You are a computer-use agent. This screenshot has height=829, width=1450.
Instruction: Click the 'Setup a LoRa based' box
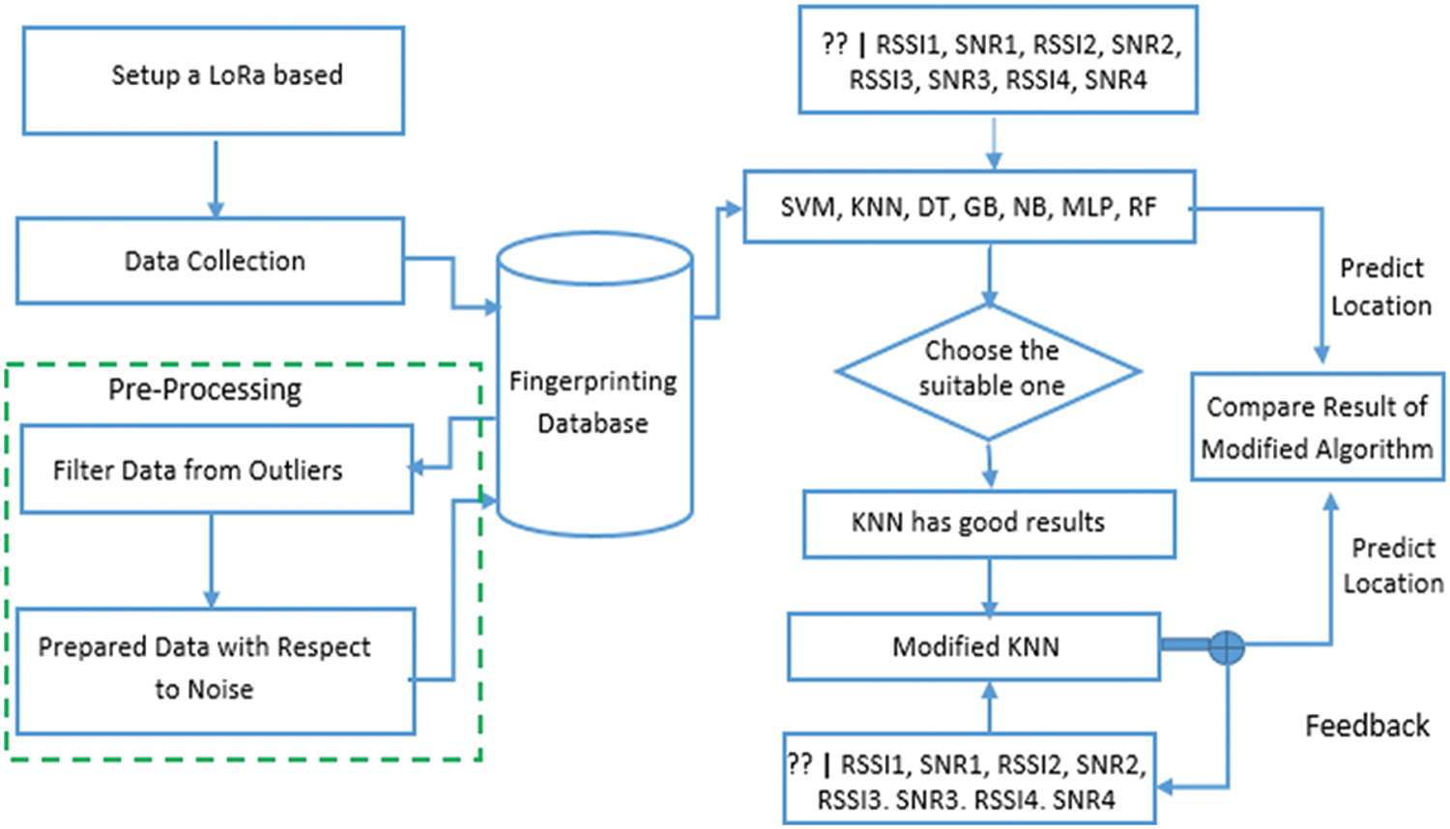tap(213, 80)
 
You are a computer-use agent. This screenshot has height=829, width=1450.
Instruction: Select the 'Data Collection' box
tap(210, 261)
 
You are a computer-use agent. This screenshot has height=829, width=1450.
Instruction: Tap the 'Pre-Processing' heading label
tap(204, 389)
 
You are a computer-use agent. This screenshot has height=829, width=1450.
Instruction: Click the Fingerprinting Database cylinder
tap(594, 386)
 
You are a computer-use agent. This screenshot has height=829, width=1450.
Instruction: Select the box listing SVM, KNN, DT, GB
tap(969, 208)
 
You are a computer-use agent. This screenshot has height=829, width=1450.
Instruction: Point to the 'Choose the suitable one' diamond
tap(989, 370)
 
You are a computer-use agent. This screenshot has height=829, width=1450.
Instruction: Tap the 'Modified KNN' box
tap(974, 646)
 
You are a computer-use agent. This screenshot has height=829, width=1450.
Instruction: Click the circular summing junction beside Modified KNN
tap(1227, 646)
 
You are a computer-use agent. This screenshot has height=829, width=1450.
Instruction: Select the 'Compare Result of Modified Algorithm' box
tap(1317, 427)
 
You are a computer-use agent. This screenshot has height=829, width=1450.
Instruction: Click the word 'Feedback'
tap(1367, 726)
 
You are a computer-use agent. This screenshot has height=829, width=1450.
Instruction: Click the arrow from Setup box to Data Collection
tap(216, 177)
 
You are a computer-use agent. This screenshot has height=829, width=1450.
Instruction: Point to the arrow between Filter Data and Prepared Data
tap(212, 560)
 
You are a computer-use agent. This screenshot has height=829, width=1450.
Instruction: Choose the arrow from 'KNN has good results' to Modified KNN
tap(989, 586)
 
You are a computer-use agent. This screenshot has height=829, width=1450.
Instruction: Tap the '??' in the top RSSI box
tap(834, 44)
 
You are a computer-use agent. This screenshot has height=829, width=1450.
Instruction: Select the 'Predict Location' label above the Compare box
tap(1381, 287)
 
